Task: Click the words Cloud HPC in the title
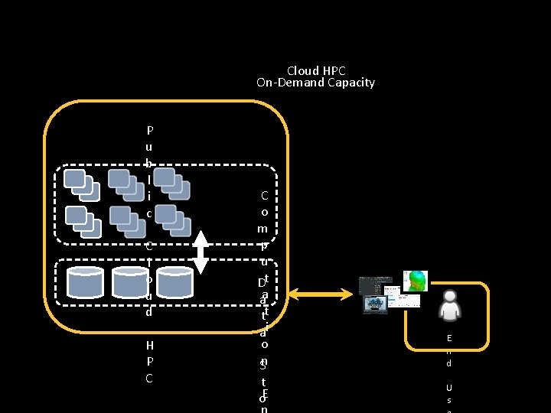[x=316, y=70]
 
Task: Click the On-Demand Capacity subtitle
[x=315, y=83]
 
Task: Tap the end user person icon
[x=449, y=305]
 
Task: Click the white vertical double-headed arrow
[x=201, y=251]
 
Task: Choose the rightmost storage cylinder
[x=175, y=282]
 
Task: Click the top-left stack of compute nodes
[x=80, y=184]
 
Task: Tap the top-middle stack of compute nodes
[x=124, y=184]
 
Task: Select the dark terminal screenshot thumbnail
[x=375, y=285]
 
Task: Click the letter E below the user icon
[x=449, y=338]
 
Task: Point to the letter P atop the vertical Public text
[x=150, y=129]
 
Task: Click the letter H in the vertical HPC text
[x=149, y=345]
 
